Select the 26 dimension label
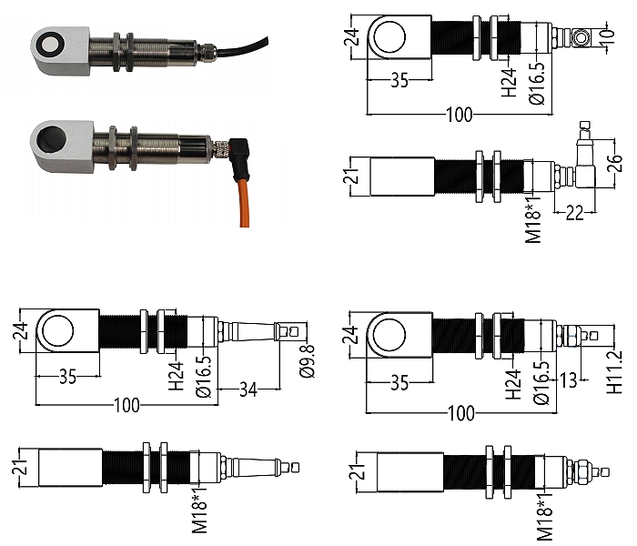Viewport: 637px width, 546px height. tap(616, 163)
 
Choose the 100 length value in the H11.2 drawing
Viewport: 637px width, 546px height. tap(461, 413)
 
